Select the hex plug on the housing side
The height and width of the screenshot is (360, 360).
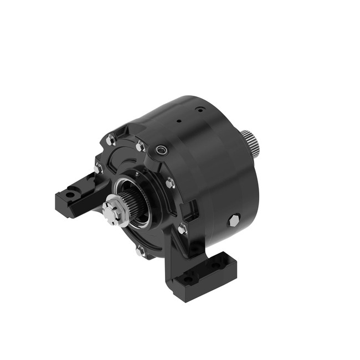(234, 221)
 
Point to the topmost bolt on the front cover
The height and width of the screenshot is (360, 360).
(111, 141)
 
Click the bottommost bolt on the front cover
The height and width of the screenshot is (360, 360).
(140, 250)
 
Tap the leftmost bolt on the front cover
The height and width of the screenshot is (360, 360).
(99, 167)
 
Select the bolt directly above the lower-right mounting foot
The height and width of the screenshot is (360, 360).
(182, 228)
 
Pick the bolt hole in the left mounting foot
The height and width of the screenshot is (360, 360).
(69, 194)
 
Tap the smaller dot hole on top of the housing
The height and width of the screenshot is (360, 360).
(178, 119)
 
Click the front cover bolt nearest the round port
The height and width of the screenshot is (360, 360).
(141, 147)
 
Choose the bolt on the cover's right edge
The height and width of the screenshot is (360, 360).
(170, 182)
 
